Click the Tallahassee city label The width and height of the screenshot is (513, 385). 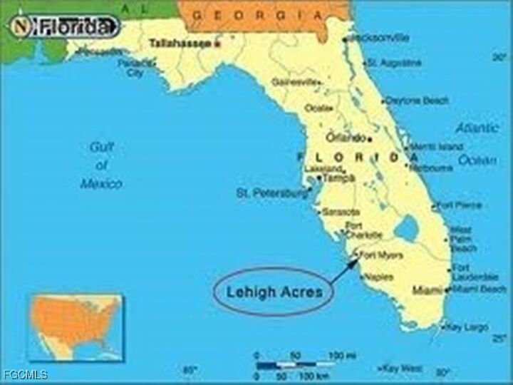(180, 43)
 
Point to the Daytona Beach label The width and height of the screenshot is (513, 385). (417, 101)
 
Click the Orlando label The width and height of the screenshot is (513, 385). (346, 138)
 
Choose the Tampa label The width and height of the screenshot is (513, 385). (339, 178)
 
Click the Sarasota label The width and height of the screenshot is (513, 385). (338, 212)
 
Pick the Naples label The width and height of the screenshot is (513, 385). (378, 277)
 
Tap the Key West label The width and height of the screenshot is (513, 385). (402, 369)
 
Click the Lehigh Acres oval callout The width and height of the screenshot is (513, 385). (274, 291)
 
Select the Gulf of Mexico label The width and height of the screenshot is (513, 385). (100, 165)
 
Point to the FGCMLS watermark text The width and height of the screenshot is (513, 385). (25, 374)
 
